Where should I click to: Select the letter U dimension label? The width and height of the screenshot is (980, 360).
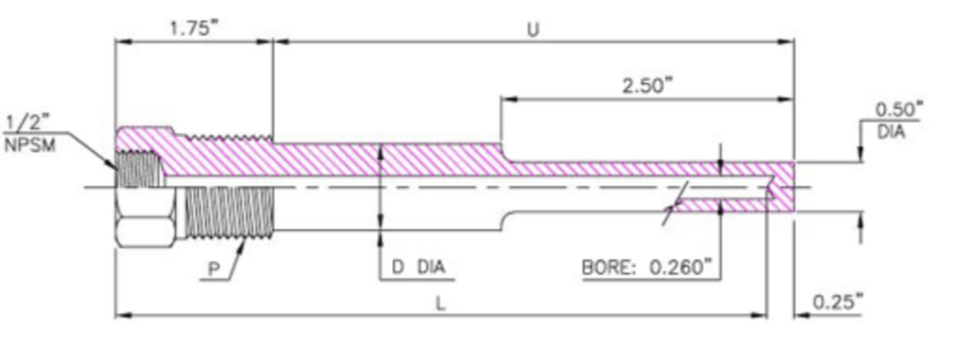[533, 30]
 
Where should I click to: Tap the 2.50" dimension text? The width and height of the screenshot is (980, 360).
[647, 85]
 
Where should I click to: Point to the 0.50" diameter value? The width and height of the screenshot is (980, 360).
[898, 110]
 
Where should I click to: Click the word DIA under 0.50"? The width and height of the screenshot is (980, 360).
[892, 132]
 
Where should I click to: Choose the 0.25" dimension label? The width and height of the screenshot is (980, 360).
[838, 302]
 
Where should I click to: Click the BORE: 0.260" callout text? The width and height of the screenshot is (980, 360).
[647, 268]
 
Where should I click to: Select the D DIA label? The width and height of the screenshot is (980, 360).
[419, 268]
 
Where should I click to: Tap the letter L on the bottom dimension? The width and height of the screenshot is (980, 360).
[441, 305]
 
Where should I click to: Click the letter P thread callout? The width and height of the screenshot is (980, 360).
[215, 269]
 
